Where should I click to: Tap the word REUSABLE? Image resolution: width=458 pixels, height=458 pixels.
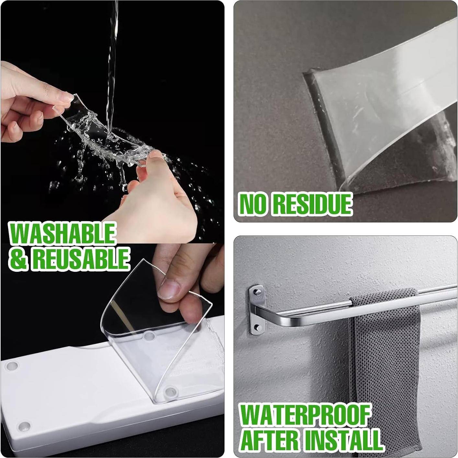pyautogui.click(x=81, y=258)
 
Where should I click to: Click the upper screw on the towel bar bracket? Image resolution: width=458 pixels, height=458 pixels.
pyautogui.click(x=257, y=292)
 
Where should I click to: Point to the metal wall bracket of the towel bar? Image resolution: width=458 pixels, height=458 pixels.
pyautogui.click(x=257, y=309)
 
